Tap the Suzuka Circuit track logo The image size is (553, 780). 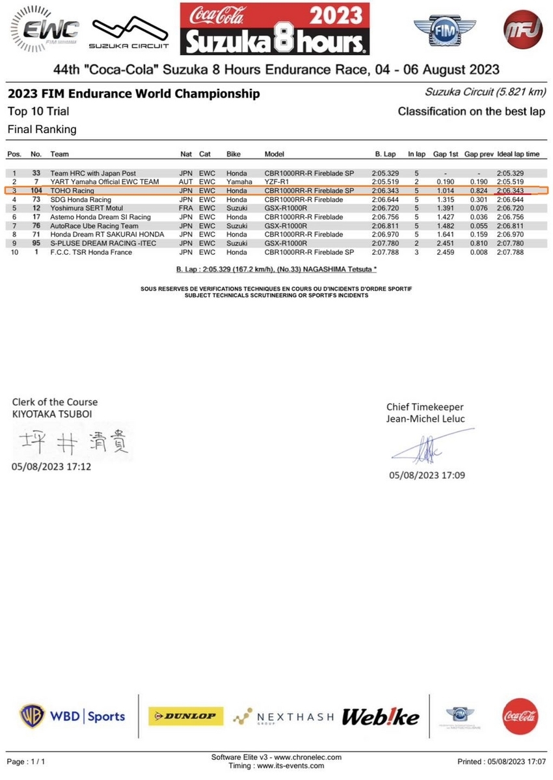(128, 32)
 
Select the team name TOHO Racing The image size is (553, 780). (72, 191)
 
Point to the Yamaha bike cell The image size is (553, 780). (239, 182)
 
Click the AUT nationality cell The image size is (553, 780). (187, 182)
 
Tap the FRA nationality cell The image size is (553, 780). (187, 208)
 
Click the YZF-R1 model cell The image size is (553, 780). (277, 182)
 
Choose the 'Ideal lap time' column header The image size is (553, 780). (519, 154)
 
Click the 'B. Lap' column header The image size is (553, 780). (386, 154)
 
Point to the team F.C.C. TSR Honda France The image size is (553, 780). (91, 252)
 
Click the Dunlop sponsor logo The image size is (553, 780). (185, 716)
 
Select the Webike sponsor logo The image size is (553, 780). (381, 716)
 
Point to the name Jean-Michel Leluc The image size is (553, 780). (425, 419)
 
